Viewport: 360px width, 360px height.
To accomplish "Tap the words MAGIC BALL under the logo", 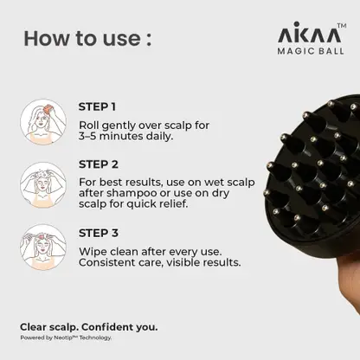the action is pyautogui.click(x=311, y=51).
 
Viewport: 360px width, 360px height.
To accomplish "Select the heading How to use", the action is pyautogui.click(x=87, y=38).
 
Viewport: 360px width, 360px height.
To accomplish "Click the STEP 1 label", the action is pyautogui.click(x=97, y=106).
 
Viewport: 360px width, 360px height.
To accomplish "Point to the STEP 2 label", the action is pyautogui.click(x=99, y=164).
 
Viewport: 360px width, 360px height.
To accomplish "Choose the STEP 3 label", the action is pyautogui.click(x=99, y=233).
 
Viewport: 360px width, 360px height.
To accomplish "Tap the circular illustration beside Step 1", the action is pyautogui.click(x=43, y=122).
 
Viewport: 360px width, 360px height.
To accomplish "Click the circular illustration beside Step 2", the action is pyautogui.click(x=43, y=185).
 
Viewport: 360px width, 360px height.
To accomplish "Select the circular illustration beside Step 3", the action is pyautogui.click(x=43, y=247).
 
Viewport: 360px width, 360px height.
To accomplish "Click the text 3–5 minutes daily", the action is pyautogui.click(x=126, y=136).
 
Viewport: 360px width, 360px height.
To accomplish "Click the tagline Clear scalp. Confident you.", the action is pyautogui.click(x=89, y=327).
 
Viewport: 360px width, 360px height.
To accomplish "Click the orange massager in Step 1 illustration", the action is pyautogui.click(x=47, y=110).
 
